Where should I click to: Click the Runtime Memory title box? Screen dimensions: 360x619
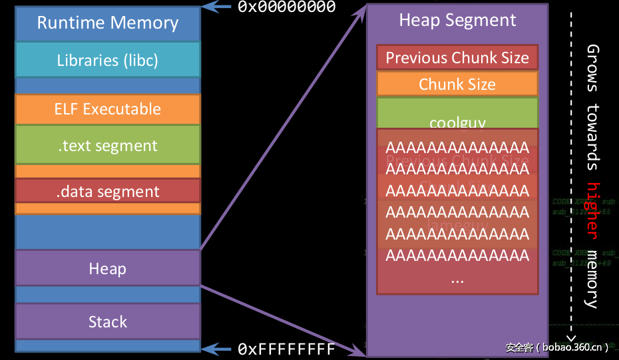[107, 23]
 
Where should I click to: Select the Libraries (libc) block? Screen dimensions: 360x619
[107, 60]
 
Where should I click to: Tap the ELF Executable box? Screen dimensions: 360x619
[107, 109]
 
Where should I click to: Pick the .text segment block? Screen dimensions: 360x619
[107, 146]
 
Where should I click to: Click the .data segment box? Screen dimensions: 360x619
[107, 192]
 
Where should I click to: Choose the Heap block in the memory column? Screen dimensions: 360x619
[107, 269]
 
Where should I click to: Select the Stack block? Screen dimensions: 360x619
[107, 322]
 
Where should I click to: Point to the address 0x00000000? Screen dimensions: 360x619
[287, 7]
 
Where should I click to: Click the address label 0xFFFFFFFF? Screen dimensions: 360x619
[287, 349]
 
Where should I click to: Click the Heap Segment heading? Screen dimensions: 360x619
[457, 20]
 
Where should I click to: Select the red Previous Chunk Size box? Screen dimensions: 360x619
[457, 58]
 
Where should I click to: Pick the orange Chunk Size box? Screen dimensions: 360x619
[457, 85]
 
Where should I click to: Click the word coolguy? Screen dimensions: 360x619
[457, 122]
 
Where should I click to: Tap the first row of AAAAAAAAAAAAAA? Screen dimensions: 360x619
[457, 147]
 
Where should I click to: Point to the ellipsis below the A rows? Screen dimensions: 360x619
[457, 279]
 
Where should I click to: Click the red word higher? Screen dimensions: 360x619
[592, 210]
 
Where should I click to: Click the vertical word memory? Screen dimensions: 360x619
[592, 279]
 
